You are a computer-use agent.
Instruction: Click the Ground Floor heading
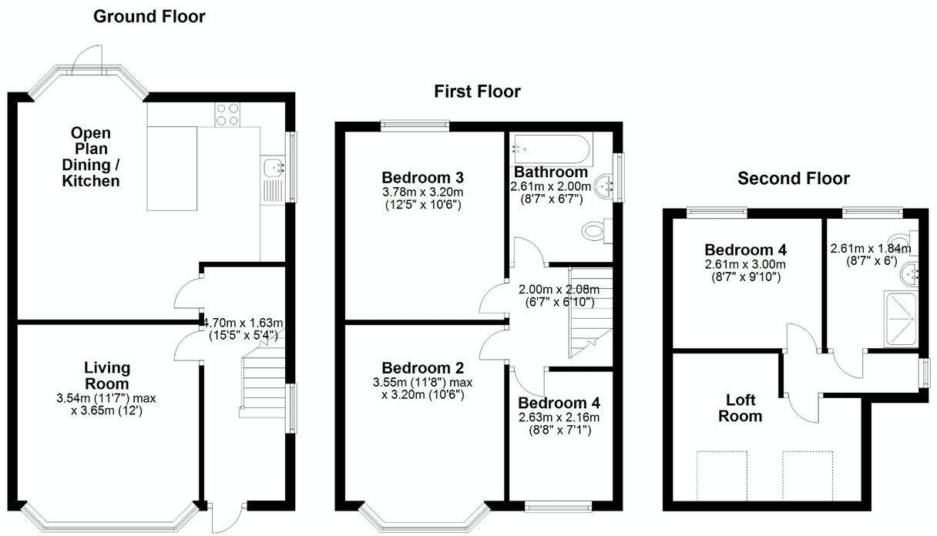click(149, 16)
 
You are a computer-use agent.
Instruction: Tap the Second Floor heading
click(794, 179)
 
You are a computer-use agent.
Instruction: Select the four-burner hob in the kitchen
click(226, 113)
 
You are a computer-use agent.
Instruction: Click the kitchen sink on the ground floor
click(274, 166)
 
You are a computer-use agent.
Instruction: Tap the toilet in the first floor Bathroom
click(596, 229)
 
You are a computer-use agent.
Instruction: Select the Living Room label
click(107, 375)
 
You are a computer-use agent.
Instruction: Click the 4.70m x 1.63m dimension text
click(243, 323)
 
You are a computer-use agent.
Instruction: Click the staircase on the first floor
click(589, 312)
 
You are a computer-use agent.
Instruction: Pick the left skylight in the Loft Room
click(723, 475)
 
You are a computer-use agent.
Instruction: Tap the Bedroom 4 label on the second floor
click(745, 250)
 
